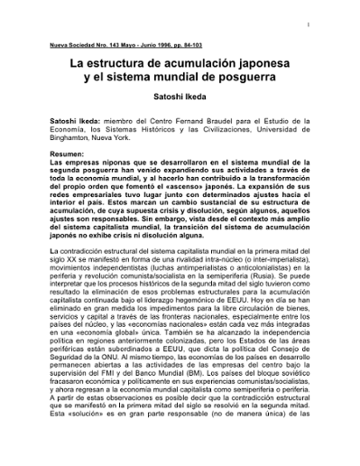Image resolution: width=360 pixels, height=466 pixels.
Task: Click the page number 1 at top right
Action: pos(332,23)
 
